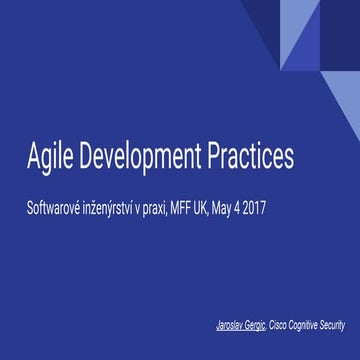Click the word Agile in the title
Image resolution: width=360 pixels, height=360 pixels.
pyautogui.click(x=50, y=158)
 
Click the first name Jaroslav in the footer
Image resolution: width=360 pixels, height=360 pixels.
pyautogui.click(x=233, y=326)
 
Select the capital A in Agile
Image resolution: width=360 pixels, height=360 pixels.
pyautogui.click(x=34, y=158)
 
